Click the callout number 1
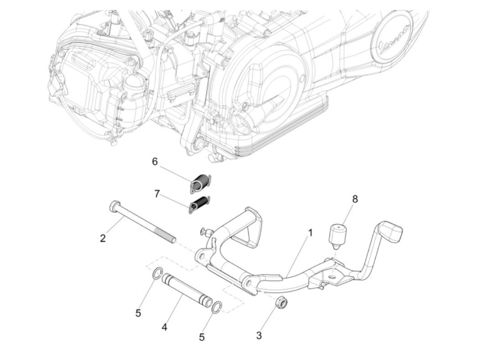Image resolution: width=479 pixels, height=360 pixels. point(310,233)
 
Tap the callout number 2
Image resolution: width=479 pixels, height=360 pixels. point(103,238)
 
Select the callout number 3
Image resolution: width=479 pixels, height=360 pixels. point(259,335)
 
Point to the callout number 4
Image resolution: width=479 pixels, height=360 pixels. point(165,327)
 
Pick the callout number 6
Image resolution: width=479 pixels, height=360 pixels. point(155,162)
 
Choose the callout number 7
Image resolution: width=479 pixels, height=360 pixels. point(157,194)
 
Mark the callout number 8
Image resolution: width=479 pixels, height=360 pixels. point(355,199)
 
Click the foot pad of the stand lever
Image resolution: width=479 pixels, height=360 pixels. point(390,231)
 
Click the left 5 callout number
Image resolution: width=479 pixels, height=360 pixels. point(138,313)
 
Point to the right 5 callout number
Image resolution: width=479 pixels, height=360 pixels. point(202,337)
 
